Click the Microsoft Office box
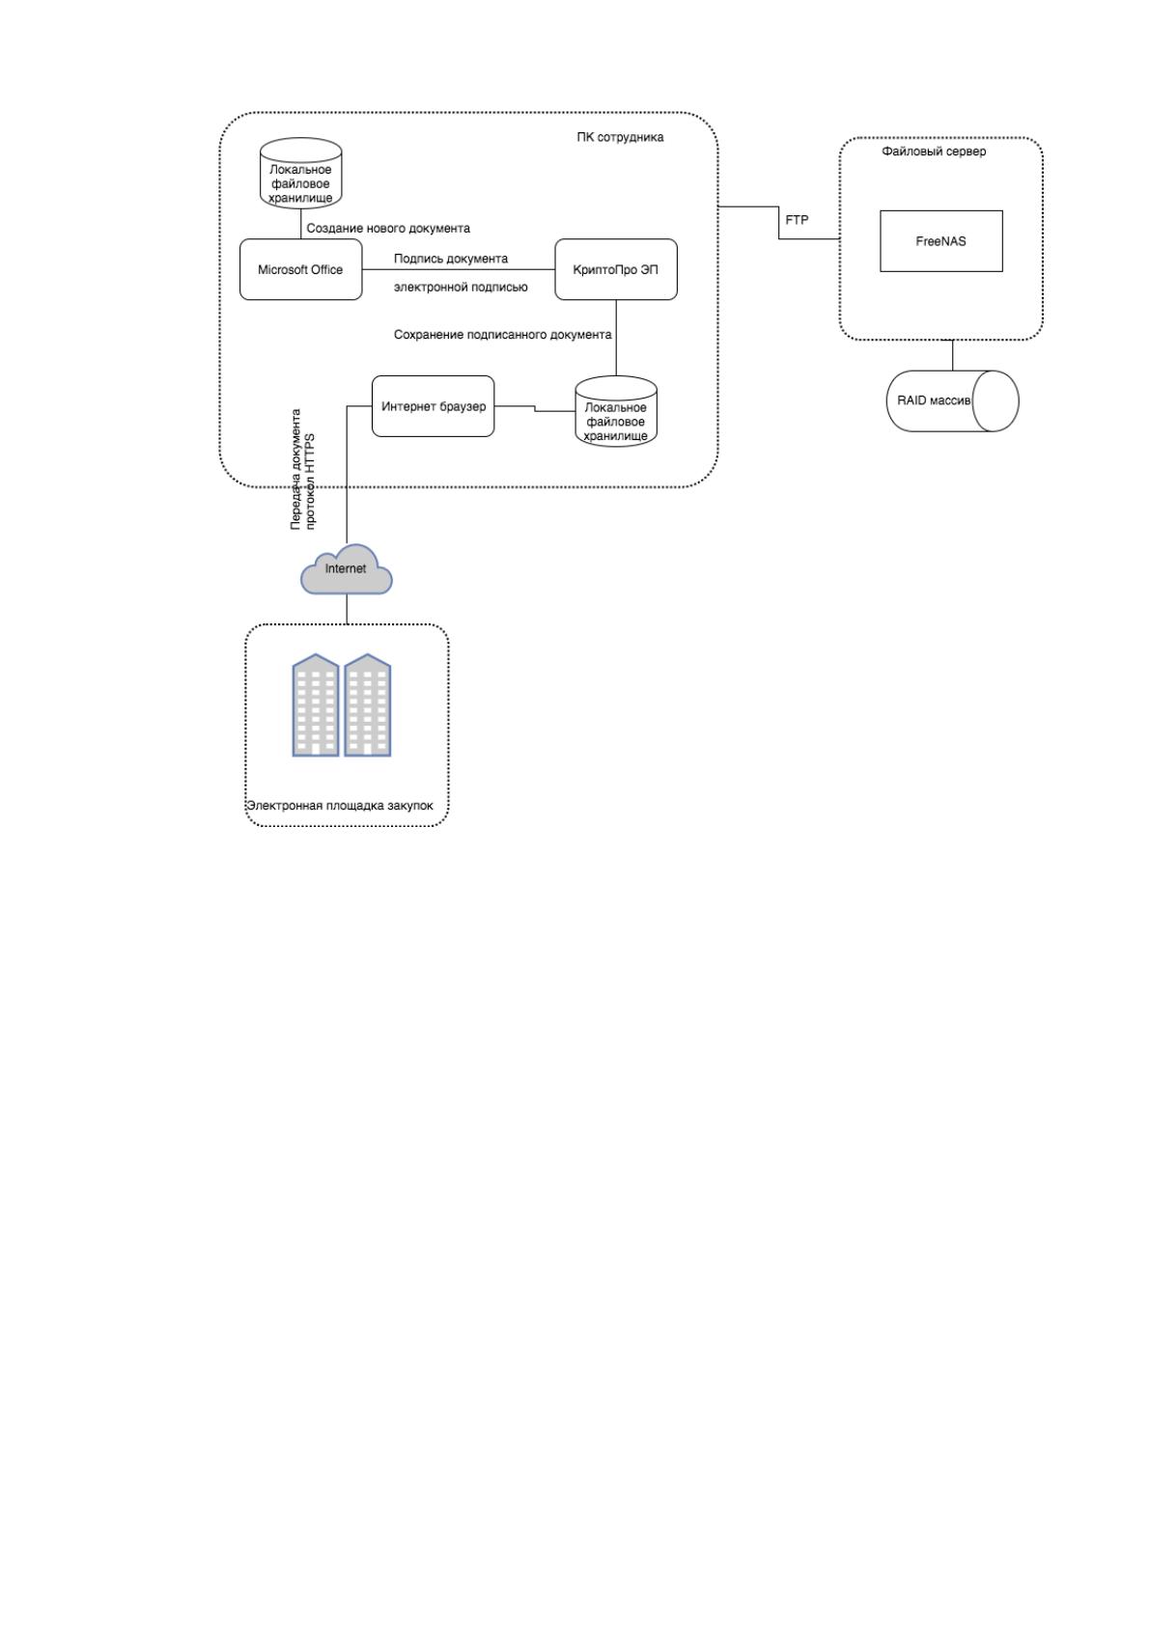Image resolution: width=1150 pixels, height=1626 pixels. (x=300, y=269)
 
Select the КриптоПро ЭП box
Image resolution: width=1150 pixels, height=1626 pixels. (x=616, y=269)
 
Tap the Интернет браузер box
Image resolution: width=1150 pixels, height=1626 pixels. (x=433, y=406)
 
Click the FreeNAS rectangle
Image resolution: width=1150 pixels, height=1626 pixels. (x=940, y=241)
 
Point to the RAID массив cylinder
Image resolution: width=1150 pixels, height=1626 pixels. (x=952, y=401)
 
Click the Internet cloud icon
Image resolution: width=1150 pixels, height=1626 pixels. (x=347, y=570)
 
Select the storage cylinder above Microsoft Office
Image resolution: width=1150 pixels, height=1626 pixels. (x=300, y=174)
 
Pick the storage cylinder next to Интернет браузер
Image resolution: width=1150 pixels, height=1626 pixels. (x=616, y=411)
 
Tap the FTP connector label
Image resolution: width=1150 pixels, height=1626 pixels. (x=797, y=220)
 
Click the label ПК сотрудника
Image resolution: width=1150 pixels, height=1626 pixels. (x=620, y=137)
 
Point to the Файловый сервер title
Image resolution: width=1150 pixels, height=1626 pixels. (x=934, y=151)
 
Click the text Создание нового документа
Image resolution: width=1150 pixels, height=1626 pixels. (x=388, y=228)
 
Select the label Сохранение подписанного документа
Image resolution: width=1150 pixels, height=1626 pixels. (x=503, y=335)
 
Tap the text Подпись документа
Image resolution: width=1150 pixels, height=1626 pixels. (x=450, y=259)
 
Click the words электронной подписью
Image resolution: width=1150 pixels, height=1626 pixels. (x=461, y=287)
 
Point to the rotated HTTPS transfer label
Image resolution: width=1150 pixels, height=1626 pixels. (x=302, y=469)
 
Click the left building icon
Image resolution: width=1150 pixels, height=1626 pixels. (x=316, y=704)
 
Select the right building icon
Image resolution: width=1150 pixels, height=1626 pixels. (x=368, y=704)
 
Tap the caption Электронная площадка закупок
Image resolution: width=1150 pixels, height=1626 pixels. (x=340, y=806)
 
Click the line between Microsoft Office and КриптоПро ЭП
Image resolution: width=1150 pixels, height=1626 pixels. (x=459, y=269)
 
